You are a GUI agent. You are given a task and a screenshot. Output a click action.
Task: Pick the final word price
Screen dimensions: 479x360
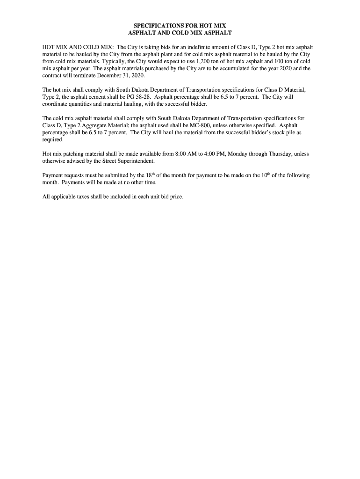pyautogui.click(x=176, y=196)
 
